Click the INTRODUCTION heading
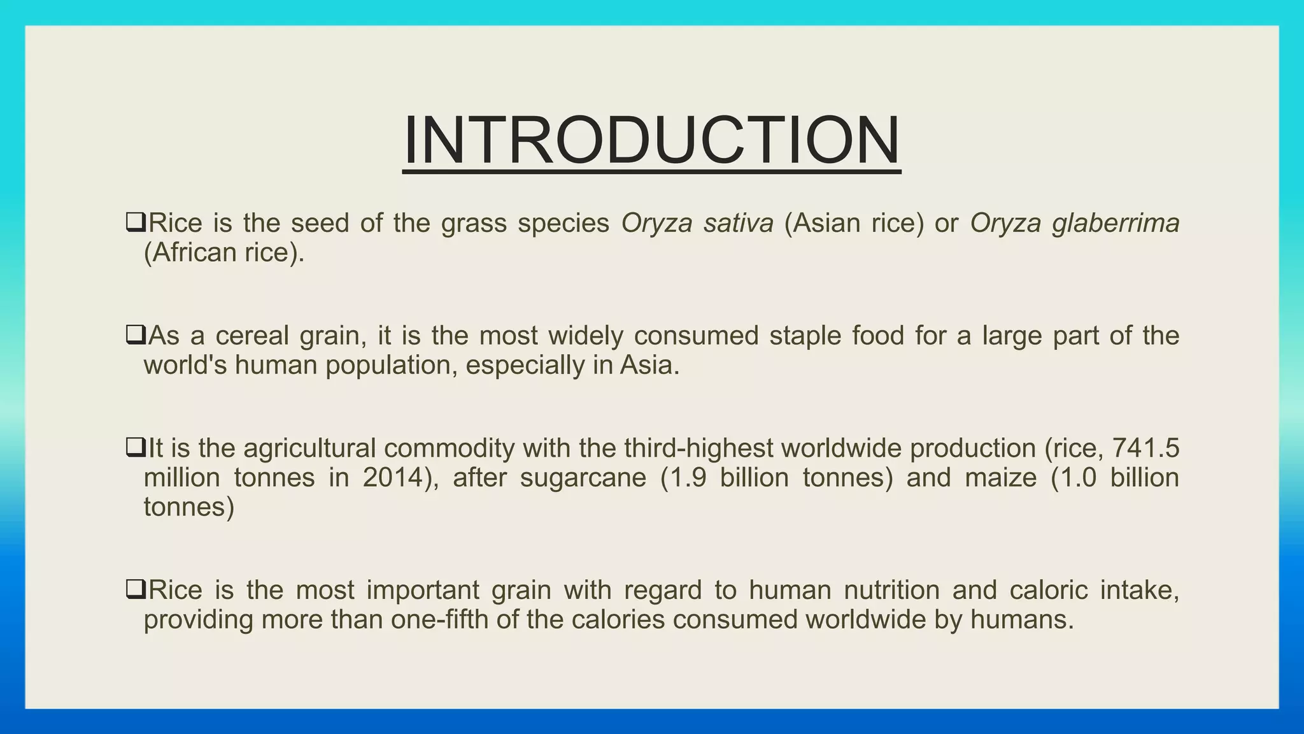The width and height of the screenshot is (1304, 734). (651, 140)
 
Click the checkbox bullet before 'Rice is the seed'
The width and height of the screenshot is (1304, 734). (136, 222)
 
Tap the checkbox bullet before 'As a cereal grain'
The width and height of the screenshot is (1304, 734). (136, 335)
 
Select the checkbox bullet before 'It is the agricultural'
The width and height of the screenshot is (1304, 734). (136, 448)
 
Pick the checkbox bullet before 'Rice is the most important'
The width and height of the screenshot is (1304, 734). (136, 589)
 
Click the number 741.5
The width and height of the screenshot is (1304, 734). (1145, 449)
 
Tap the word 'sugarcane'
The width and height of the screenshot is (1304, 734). (583, 478)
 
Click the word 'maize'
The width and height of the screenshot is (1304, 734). (1001, 478)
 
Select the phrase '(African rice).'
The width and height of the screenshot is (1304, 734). (224, 253)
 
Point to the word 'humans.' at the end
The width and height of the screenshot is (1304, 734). (1022, 619)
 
